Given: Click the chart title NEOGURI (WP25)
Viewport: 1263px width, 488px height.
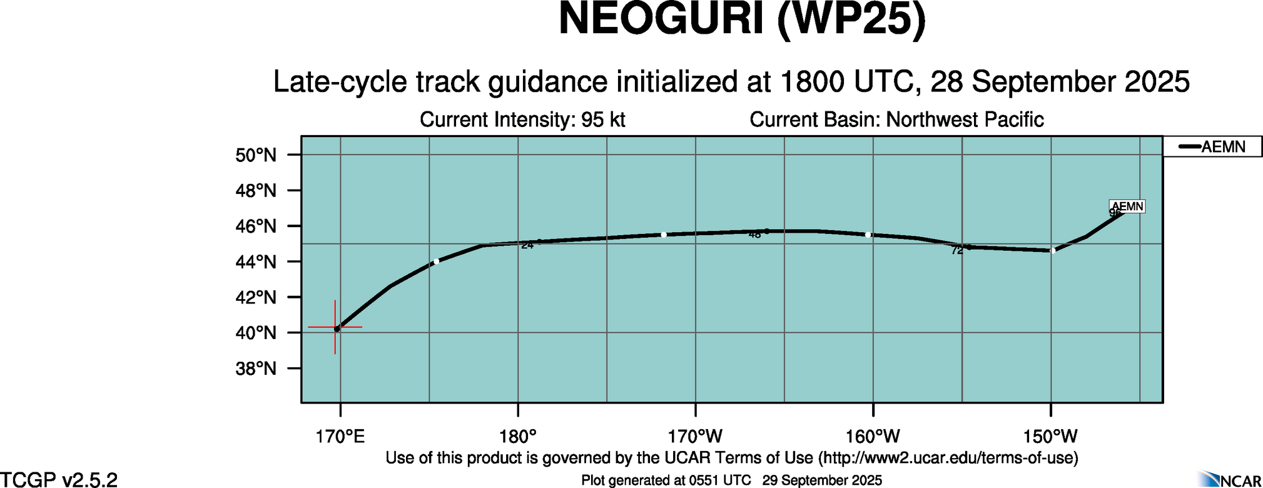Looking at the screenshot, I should (x=742, y=20).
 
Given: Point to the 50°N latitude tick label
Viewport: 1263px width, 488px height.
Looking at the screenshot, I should (x=256, y=155).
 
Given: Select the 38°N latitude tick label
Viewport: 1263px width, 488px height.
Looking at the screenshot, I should (x=256, y=369).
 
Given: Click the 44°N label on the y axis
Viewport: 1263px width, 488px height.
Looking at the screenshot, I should (x=256, y=262).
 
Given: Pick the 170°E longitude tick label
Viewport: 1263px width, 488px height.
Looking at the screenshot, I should (x=340, y=436).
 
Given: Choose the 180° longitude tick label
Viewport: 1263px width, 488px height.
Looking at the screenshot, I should (x=518, y=436).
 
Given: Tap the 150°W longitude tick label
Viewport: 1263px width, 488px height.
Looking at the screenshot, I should (x=1050, y=436).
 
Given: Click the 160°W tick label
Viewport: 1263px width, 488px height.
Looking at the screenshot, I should (x=873, y=436).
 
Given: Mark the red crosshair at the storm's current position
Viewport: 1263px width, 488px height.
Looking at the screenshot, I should (x=336, y=327).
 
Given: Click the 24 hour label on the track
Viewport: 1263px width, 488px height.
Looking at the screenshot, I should (x=527, y=245).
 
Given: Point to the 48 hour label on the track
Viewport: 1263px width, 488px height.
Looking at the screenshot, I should (x=754, y=235).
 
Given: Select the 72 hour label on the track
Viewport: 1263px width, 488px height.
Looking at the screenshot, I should (x=956, y=251).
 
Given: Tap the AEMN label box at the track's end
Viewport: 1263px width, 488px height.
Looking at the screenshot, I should (x=1127, y=206).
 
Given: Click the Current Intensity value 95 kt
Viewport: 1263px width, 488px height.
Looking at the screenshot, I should (x=603, y=119).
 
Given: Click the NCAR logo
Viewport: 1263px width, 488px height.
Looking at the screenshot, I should (x=1230, y=479).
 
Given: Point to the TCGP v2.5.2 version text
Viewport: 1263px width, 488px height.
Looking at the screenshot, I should (x=59, y=480).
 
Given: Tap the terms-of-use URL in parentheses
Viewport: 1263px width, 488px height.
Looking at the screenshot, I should (x=948, y=458).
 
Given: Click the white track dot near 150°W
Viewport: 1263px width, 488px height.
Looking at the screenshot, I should (x=1053, y=251).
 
